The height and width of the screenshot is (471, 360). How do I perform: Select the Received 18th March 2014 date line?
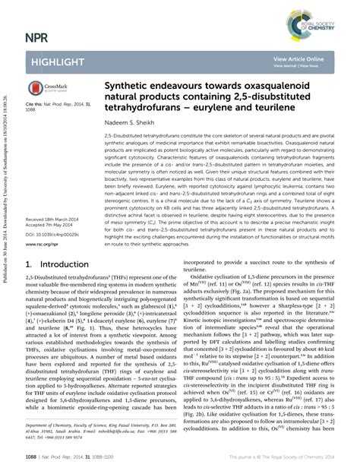click(x=54, y=219)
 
